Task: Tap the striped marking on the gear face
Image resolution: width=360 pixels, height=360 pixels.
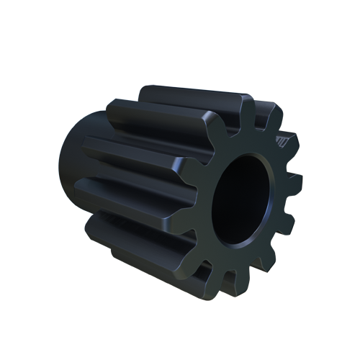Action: pyautogui.click(x=284, y=143)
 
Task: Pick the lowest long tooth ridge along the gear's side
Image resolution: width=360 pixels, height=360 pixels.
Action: pyautogui.click(x=137, y=238)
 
